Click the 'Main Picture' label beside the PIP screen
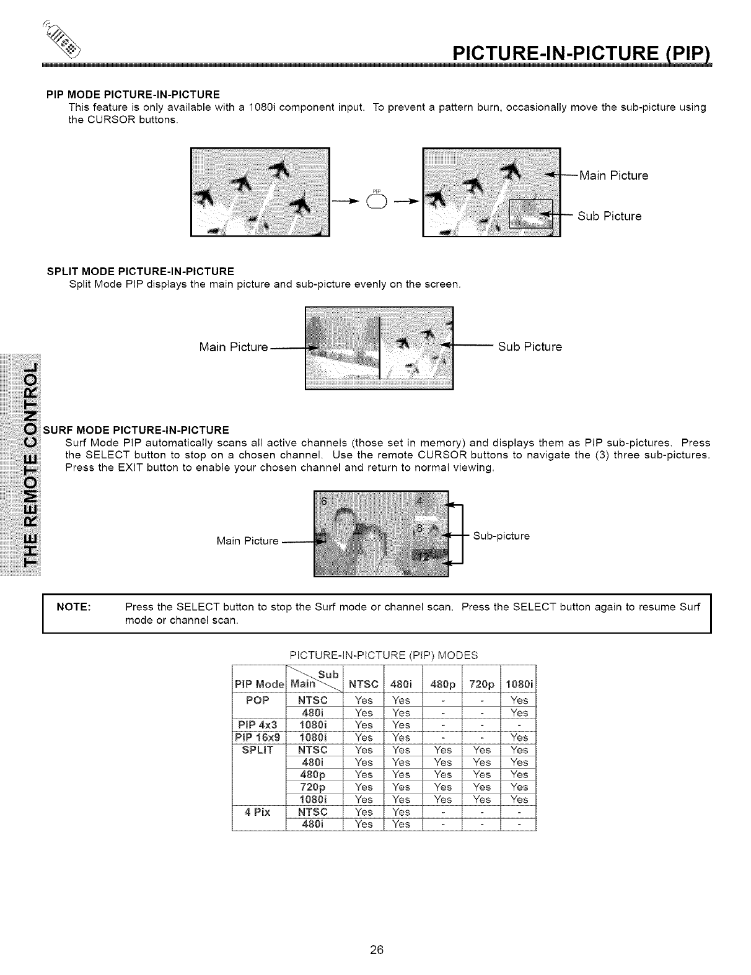coord(613,175)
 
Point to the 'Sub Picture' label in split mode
coord(530,347)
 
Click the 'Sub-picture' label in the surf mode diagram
coord(501,536)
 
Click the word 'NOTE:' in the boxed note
coord(74,606)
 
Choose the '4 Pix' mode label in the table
coord(258,811)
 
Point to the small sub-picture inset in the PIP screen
coord(530,214)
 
